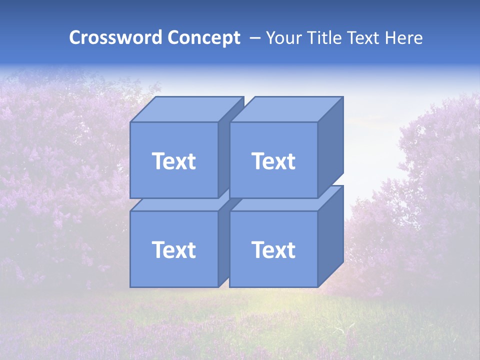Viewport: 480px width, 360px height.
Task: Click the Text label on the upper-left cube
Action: (173, 161)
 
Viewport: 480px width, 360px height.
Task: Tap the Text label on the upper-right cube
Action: (273, 161)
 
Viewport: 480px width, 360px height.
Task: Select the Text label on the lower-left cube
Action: (173, 249)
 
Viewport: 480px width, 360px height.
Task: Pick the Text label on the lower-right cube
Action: (273, 249)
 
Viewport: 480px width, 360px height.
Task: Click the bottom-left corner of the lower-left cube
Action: (130, 287)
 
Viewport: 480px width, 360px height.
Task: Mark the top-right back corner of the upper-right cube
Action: (343, 97)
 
